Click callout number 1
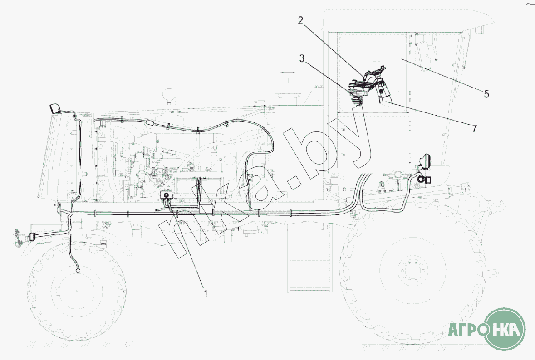point(206,293)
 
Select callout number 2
point(300,20)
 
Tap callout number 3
point(302,58)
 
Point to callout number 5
point(486,94)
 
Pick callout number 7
point(474,128)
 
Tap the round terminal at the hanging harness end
point(78,271)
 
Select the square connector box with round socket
point(166,195)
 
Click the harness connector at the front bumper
point(33,237)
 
